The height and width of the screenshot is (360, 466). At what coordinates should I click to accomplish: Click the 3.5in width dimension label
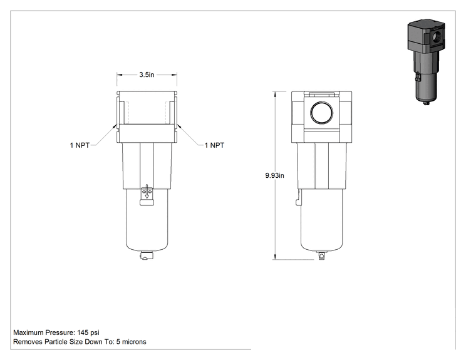tap(147, 75)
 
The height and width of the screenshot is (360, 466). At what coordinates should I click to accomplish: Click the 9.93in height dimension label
tap(274, 175)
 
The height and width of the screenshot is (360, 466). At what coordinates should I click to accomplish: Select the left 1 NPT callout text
tap(80, 145)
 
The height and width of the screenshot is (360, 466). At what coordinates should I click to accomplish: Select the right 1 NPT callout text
tap(214, 145)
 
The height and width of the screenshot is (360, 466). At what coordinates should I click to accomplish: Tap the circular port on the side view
tap(321, 113)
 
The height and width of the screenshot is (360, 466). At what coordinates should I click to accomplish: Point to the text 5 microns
tap(132, 342)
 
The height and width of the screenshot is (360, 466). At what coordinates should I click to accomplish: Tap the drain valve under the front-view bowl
tap(146, 255)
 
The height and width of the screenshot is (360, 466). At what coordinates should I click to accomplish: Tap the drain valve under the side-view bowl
tap(321, 255)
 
